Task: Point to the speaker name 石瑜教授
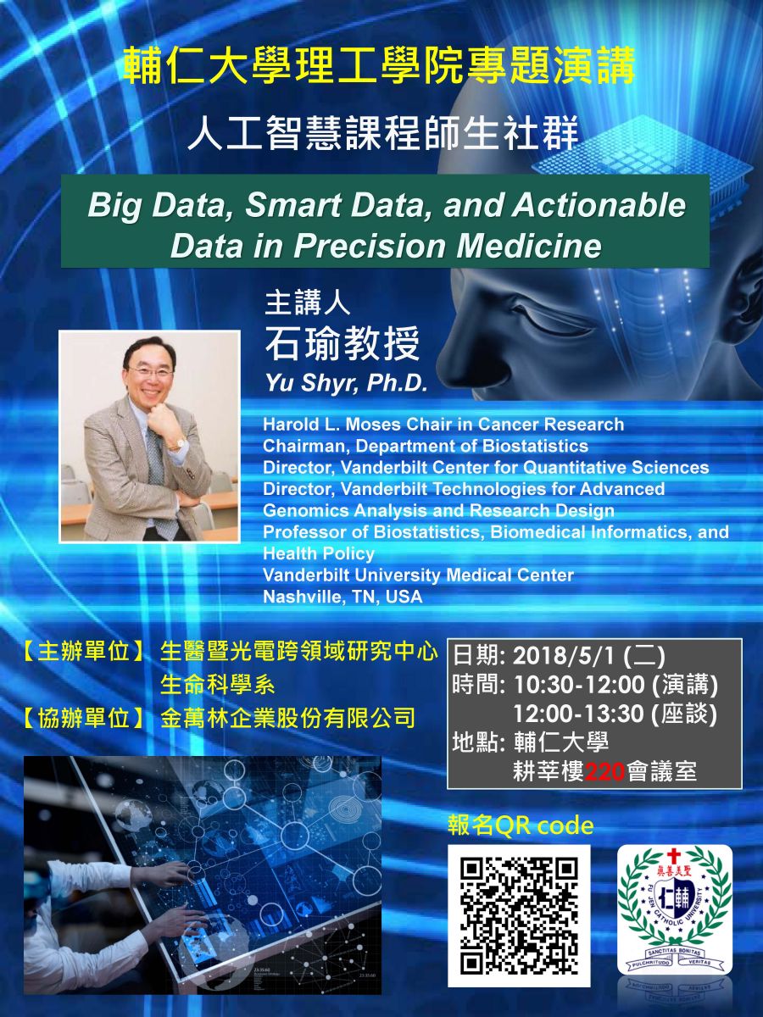point(342,343)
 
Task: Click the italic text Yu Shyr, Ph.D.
point(345,384)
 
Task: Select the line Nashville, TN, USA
point(343,597)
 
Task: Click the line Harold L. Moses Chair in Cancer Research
point(443,425)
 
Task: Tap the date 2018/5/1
point(565,656)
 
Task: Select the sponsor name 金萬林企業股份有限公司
point(287,719)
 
